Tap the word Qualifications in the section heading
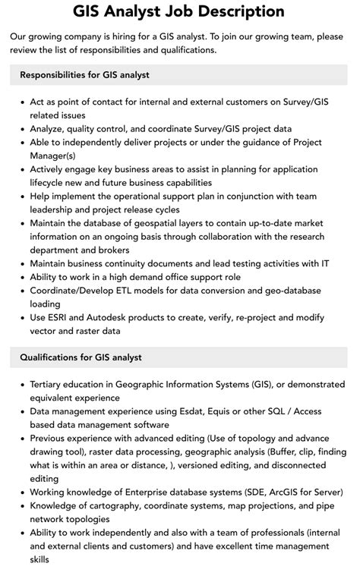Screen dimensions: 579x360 [x=53, y=357]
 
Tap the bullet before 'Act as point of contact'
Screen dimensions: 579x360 [x=21, y=101]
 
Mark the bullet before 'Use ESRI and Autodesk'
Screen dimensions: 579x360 [x=21, y=317]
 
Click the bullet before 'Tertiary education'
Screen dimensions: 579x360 [x=21, y=385]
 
